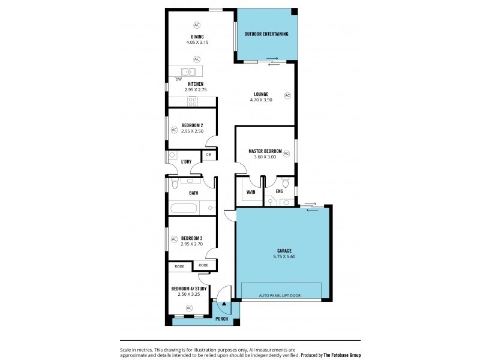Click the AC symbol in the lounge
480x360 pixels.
click(x=287, y=95)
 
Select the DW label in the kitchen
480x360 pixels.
click(x=178, y=79)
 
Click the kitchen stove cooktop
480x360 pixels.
click(x=193, y=101)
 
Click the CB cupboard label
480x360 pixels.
click(x=208, y=155)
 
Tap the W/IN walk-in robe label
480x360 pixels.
click(x=250, y=193)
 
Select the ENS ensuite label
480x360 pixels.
click(x=279, y=193)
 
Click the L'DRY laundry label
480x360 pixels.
click(x=186, y=162)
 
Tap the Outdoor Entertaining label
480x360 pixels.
click(x=266, y=34)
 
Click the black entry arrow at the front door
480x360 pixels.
click(x=224, y=304)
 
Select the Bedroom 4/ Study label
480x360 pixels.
click(x=189, y=289)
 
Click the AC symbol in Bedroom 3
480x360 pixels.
click(x=175, y=239)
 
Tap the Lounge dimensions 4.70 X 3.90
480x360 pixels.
click(x=260, y=100)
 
